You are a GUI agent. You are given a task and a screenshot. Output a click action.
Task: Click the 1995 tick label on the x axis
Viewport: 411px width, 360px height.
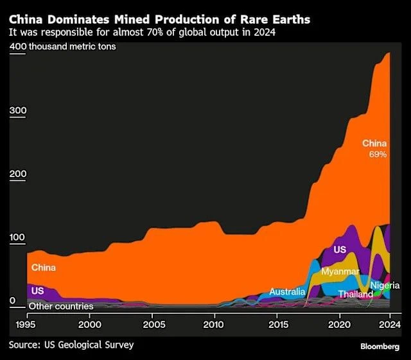[27, 325]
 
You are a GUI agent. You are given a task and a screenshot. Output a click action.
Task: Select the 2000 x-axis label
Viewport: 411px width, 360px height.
[89, 325]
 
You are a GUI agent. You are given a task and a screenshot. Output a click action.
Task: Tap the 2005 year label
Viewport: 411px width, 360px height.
[152, 325]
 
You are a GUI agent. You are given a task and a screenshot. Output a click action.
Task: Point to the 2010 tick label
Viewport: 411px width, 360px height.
[214, 325]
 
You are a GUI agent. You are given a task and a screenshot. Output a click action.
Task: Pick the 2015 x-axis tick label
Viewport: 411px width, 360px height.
[277, 325]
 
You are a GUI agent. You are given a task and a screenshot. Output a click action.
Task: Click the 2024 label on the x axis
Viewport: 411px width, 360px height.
[389, 325]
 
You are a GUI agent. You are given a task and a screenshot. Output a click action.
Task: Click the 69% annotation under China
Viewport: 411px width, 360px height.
[377, 155]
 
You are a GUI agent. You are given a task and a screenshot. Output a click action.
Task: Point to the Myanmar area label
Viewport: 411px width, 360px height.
[340, 272]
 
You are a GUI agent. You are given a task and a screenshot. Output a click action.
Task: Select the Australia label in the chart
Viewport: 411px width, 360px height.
[287, 292]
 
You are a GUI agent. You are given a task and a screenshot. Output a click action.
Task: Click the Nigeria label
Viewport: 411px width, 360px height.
[385, 286]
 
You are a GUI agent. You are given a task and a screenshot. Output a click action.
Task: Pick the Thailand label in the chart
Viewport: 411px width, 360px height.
[356, 295]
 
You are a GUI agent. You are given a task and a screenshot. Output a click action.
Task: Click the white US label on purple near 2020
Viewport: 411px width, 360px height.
[340, 250]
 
